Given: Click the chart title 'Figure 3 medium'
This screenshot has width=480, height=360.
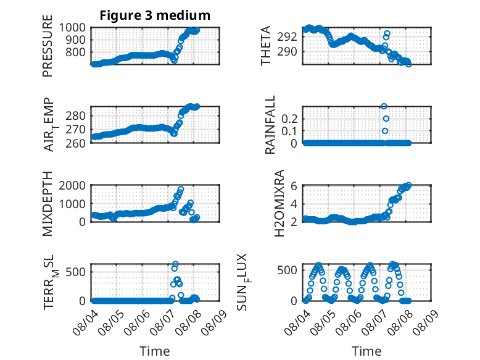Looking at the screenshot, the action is [155, 15].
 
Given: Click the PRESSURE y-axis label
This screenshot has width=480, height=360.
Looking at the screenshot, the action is [48, 46].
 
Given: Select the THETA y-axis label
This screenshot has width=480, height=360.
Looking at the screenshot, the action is [266, 46].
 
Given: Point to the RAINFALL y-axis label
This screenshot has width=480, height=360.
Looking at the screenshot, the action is [270, 125].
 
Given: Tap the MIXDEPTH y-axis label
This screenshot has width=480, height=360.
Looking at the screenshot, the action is [48, 204].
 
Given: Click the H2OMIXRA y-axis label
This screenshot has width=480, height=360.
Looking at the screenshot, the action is [279, 203].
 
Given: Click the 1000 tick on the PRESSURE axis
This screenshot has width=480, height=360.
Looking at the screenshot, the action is [72, 28].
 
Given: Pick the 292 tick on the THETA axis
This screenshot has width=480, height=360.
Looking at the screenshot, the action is [287, 37].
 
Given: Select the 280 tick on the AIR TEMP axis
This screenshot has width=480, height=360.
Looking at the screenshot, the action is [76, 116].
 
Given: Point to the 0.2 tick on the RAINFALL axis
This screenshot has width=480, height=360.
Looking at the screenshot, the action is [289, 119].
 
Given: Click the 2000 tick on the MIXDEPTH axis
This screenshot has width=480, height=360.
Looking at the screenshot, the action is [72, 185].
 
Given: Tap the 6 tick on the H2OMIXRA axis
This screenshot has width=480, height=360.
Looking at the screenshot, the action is [294, 186].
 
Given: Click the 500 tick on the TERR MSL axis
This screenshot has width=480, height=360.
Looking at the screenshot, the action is [76, 272].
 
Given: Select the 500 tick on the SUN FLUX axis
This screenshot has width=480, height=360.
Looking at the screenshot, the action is [287, 270].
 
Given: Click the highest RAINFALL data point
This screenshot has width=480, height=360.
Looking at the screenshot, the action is [384, 106].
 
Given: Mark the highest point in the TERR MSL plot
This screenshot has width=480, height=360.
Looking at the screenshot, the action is [175, 264].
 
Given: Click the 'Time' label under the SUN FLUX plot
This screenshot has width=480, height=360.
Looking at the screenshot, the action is [366, 351].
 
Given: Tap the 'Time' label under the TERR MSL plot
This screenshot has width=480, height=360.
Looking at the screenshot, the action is [155, 351].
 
